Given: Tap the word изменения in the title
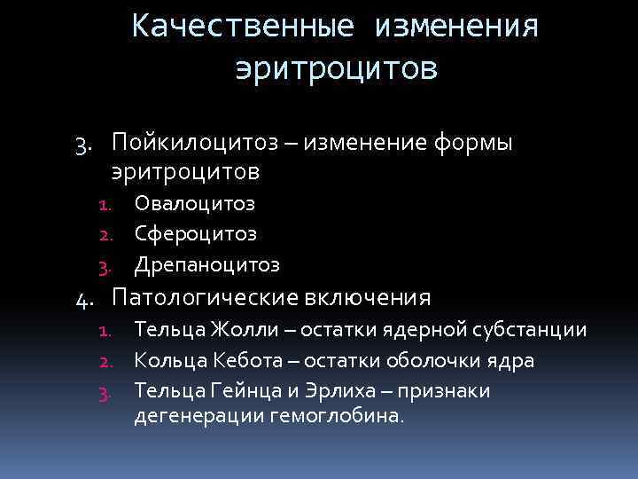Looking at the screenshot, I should (456, 27).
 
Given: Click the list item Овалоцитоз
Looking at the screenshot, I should (194, 204).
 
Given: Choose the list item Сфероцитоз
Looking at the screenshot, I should (195, 234).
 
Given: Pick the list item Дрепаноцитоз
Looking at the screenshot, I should (206, 264).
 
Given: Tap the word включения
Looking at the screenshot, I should (377, 296).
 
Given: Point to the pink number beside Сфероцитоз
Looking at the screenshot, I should (103, 235).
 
